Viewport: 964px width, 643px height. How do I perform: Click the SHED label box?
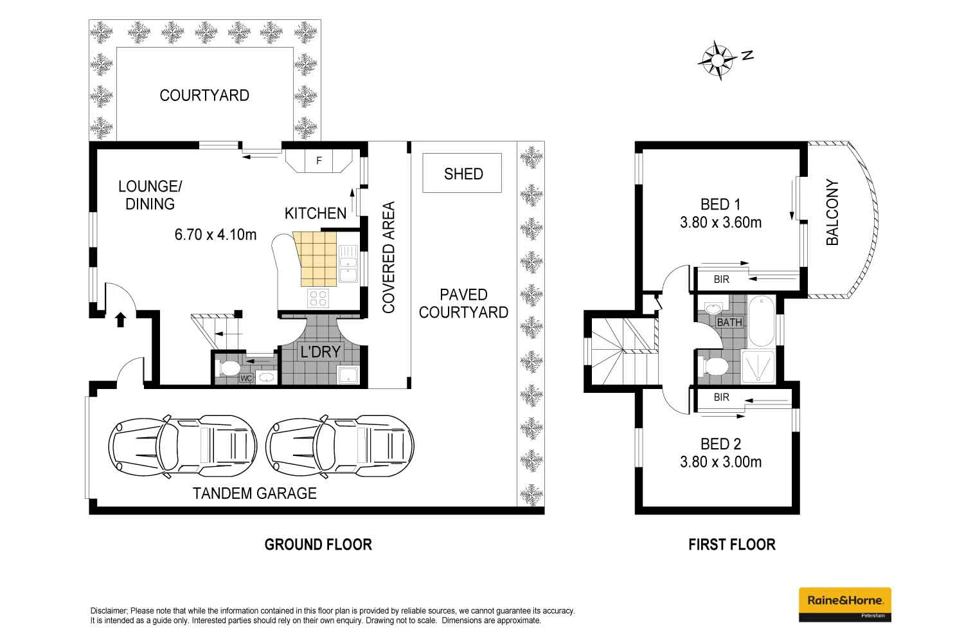(x=462, y=173)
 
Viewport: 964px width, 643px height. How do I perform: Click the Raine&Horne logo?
(x=844, y=604)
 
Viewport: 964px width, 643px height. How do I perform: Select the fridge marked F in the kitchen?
(x=319, y=161)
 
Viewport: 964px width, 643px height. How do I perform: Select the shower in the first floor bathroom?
(x=760, y=367)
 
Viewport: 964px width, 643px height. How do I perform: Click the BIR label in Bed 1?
(x=721, y=280)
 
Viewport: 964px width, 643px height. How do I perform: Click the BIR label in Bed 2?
(x=721, y=397)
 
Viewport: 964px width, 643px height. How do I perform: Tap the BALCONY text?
(x=832, y=212)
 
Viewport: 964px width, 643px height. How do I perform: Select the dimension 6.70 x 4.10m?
(x=215, y=235)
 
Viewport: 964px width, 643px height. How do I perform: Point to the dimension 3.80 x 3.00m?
(x=720, y=462)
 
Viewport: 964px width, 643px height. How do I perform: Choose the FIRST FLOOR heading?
(x=731, y=545)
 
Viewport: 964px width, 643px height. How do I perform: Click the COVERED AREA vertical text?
(x=388, y=257)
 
